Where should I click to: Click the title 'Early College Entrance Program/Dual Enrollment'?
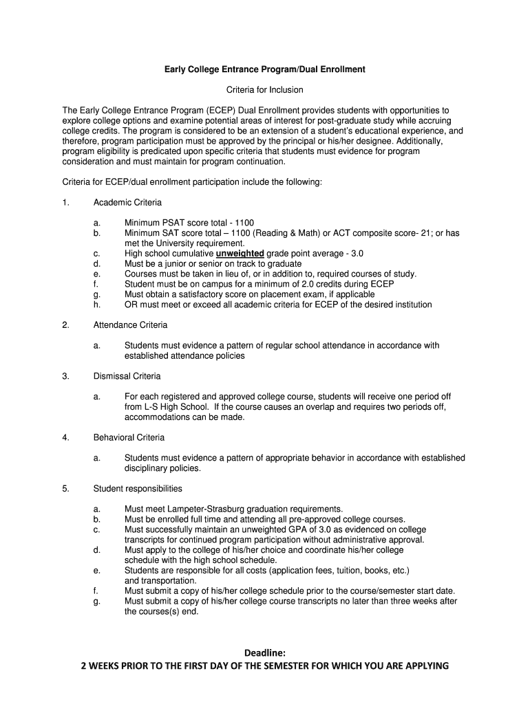click(x=264, y=69)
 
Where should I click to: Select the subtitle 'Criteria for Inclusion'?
click(x=265, y=90)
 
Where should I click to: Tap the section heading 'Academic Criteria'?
click(x=127, y=202)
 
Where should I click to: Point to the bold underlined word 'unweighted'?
click(x=240, y=253)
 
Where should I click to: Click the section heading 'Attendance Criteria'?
click(x=130, y=324)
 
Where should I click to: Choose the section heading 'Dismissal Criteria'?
click(x=127, y=376)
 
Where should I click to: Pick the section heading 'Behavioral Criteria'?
click(x=129, y=437)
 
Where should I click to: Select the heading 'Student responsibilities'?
click(x=138, y=489)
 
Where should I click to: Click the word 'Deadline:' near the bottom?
click(x=265, y=652)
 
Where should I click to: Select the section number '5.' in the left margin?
click(x=65, y=489)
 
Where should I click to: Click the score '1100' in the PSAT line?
click(x=244, y=223)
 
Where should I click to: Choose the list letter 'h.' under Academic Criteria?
click(x=97, y=305)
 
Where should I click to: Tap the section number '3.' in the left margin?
click(x=65, y=376)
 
